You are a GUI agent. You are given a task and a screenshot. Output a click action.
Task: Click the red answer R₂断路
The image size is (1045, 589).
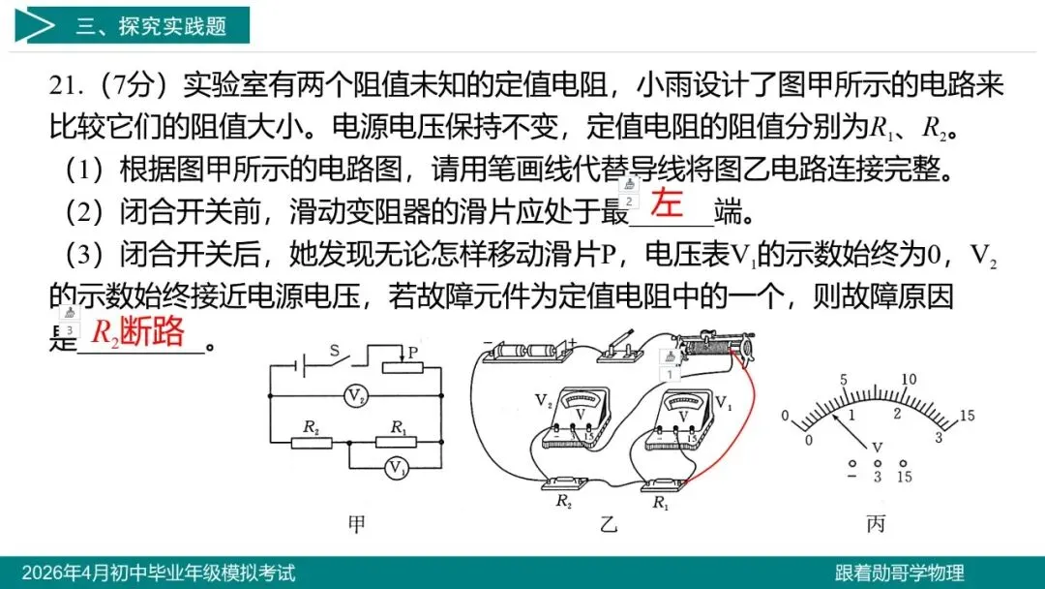point(137,332)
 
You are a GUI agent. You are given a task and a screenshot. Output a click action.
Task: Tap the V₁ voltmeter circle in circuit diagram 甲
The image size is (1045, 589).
point(395,468)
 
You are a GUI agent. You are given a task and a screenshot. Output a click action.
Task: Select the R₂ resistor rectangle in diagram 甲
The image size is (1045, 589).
point(312,442)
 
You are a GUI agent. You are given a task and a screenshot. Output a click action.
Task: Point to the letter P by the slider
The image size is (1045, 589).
point(412,354)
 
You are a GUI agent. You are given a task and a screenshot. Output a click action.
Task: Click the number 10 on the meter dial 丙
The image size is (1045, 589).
point(909,380)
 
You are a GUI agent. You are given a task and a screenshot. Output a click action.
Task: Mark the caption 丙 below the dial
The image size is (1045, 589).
point(876,524)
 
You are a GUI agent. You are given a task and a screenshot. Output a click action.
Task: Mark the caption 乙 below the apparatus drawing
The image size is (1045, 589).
point(608,524)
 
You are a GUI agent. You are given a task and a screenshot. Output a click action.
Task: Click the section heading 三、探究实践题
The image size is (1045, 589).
point(151,26)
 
